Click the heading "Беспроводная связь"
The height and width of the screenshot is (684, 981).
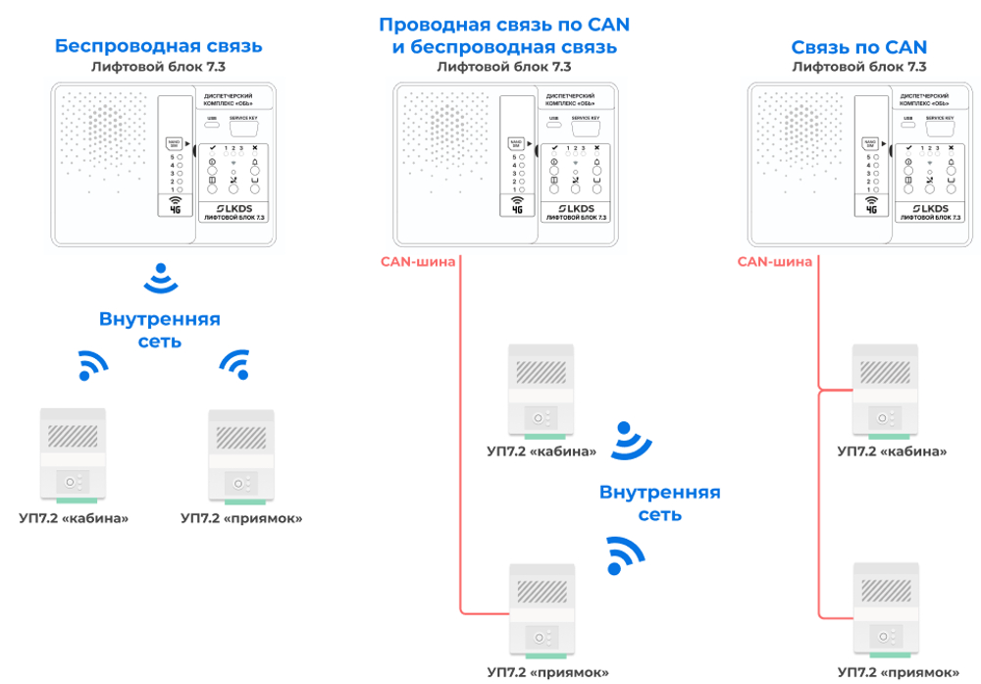tap(159, 46)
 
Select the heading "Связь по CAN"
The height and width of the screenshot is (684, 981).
tap(859, 47)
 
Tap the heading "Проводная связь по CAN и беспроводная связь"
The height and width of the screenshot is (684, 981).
tap(504, 35)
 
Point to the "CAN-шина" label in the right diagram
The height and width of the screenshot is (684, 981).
tap(774, 261)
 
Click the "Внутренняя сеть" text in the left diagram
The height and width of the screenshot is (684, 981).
tap(159, 330)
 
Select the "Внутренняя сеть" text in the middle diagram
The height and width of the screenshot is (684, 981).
tap(659, 502)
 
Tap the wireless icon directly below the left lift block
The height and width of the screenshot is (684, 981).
tap(160, 280)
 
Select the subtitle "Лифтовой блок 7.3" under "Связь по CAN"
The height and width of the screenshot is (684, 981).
tap(859, 68)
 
